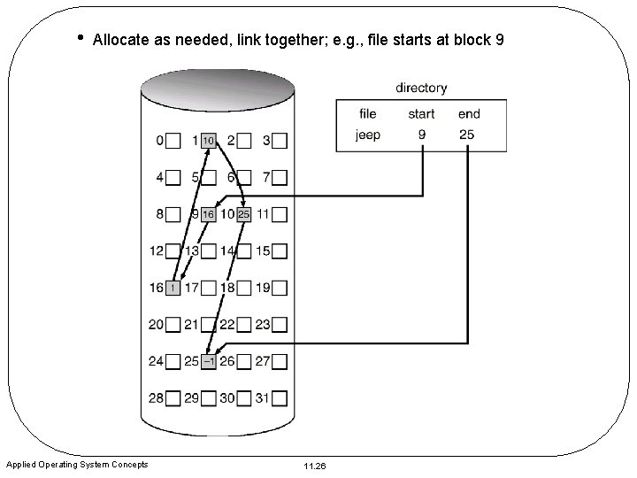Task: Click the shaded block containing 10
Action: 209,141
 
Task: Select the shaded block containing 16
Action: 209,214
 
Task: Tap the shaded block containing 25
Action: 244,214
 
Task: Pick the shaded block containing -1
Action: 209,361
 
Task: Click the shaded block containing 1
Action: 173,288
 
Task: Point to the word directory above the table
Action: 421,88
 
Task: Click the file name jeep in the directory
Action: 368,135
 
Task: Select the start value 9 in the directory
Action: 422,135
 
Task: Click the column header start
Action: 422,113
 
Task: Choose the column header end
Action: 470,113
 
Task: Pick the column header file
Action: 368,113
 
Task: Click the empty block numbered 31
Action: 280,397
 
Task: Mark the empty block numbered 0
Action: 173,141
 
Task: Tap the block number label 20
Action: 157,325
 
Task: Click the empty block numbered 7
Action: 280,178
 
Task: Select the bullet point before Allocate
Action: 80,37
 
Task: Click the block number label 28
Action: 157,397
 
